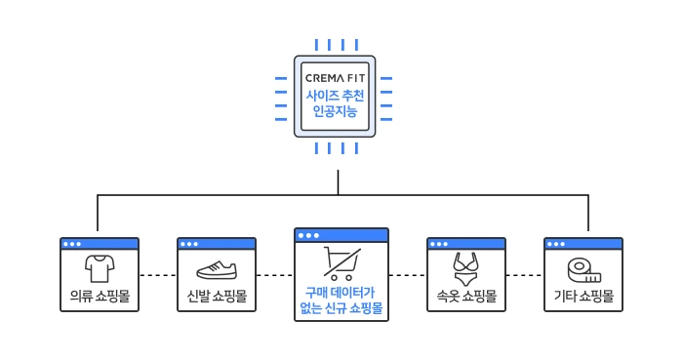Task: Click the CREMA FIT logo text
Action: [335, 78]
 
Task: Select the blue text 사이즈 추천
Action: [335, 96]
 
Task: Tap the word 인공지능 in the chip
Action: [335, 111]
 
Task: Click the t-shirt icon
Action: [100, 268]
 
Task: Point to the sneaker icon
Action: [217, 270]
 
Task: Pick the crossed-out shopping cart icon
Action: [341, 263]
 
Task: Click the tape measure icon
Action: [584, 271]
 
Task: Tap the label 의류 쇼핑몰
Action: [100, 296]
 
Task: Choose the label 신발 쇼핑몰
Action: [217, 296]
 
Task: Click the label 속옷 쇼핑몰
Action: [466, 296]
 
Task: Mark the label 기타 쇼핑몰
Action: [583, 296]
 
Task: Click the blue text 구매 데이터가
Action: [340, 292]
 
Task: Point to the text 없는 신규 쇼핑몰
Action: [341, 308]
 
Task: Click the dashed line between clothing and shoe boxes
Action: [158, 275]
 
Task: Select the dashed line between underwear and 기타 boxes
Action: [525, 275]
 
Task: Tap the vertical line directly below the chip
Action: [338, 182]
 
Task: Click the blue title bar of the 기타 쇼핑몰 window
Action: [583, 244]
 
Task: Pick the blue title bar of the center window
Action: [341, 235]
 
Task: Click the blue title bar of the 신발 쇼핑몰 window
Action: [217, 244]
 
